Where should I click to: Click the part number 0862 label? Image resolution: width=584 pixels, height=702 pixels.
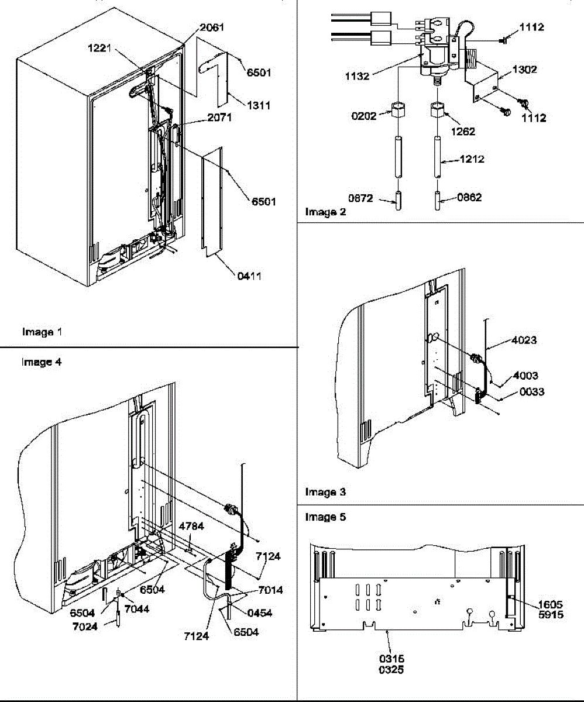pos(469,198)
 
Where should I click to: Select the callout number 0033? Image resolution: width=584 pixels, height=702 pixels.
pos(530,392)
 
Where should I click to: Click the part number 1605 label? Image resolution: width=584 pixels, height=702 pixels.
pos(547,589)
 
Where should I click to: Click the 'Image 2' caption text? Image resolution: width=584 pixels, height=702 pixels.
pos(325,212)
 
